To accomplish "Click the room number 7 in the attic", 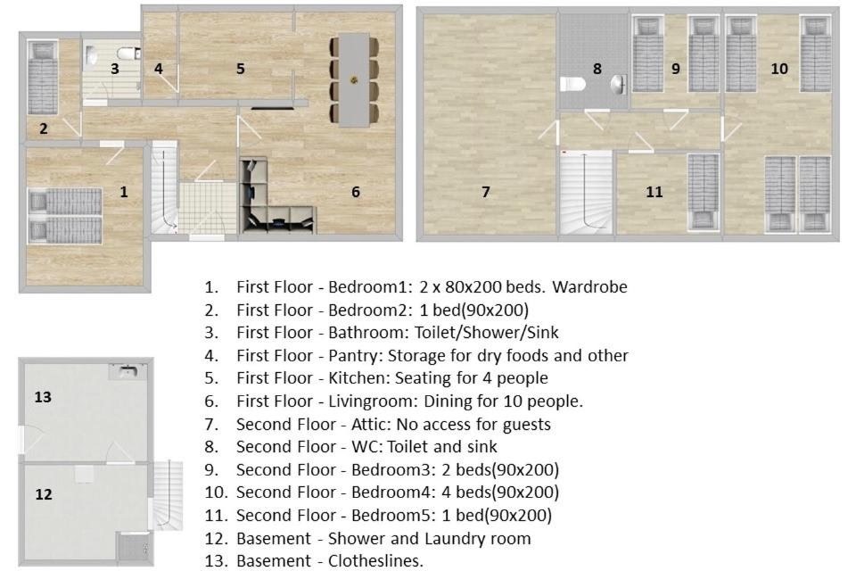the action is pyautogui.click(x=485, y=192).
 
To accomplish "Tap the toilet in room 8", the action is pyautogui.click(x=572, y=84).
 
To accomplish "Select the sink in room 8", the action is pyautogui.click(x=619, y=84).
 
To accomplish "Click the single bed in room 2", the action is pyautogui.click(x=43, y=77).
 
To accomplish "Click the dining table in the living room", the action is pyautogui.click(x=354, y=80).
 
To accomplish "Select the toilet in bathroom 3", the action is pyautogui.click(x=128, y=53).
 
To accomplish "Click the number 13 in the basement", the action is pyautogui.click(x=43, y=397).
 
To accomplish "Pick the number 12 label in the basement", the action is pyautogui.click(x=43, y=494).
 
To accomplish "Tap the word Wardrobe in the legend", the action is pyautogui.click(x=589, y=287).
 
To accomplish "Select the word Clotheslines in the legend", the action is pyautogui.click(x=375, y=560).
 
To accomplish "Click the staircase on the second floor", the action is pyautogui.click(x=586, y=193).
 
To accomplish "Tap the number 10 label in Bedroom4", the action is pyautogui.click(x=779, y=69).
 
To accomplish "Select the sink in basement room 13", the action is pyautogui.click(x=128, y=371).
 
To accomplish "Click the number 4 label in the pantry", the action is pyautogui.click(x=159, y=69).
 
